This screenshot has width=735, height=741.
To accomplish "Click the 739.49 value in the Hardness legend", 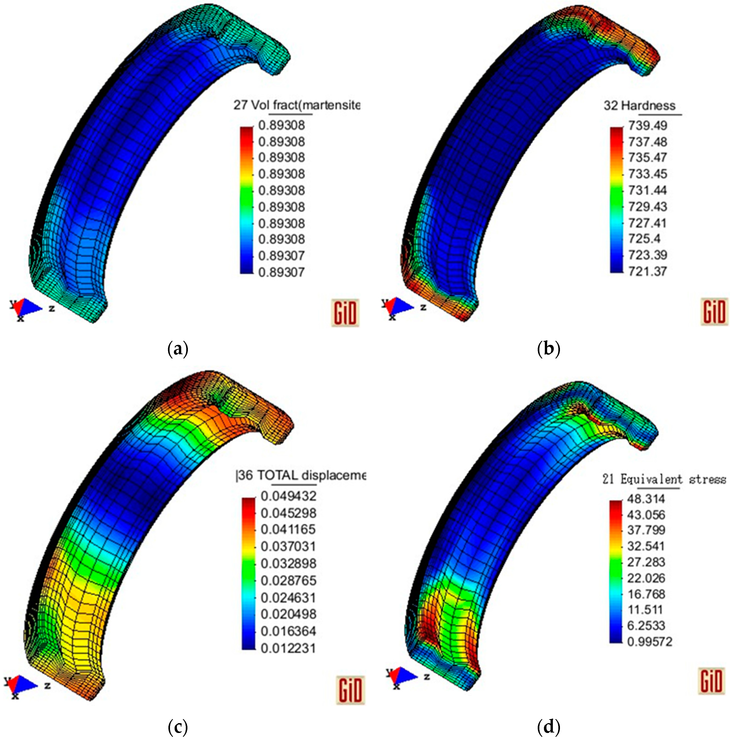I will point(647,125).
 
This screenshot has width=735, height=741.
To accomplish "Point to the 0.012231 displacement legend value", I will point(288,649).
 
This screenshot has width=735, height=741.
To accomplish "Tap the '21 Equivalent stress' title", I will point(664,479).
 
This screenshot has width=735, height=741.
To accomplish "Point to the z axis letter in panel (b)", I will point(423,307).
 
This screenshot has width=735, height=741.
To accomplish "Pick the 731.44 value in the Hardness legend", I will point(647,190).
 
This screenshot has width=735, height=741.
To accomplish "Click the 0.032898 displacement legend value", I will point(288,563).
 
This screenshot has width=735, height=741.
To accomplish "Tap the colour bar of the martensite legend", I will point(247,199).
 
